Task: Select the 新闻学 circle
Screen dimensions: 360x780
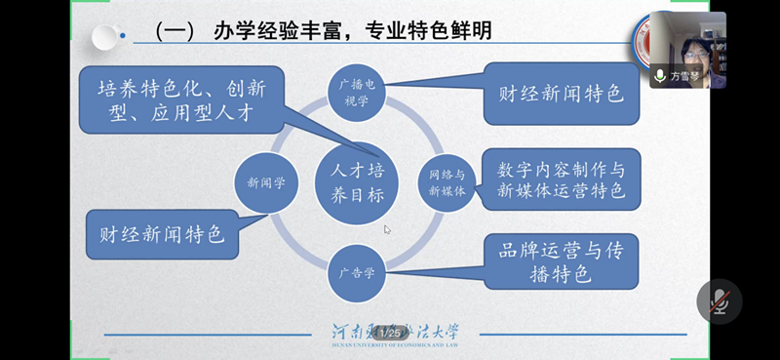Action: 265,182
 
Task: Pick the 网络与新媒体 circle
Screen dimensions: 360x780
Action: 447,182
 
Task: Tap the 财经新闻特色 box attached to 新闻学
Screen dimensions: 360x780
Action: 162,234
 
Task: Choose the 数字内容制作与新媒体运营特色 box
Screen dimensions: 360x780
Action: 560,179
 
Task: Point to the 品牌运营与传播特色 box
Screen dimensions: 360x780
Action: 562,261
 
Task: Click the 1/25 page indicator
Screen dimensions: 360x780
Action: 396,334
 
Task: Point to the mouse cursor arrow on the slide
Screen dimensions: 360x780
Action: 387,230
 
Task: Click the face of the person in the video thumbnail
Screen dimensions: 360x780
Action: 694,45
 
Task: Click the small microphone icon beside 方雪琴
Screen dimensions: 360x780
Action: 660,75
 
